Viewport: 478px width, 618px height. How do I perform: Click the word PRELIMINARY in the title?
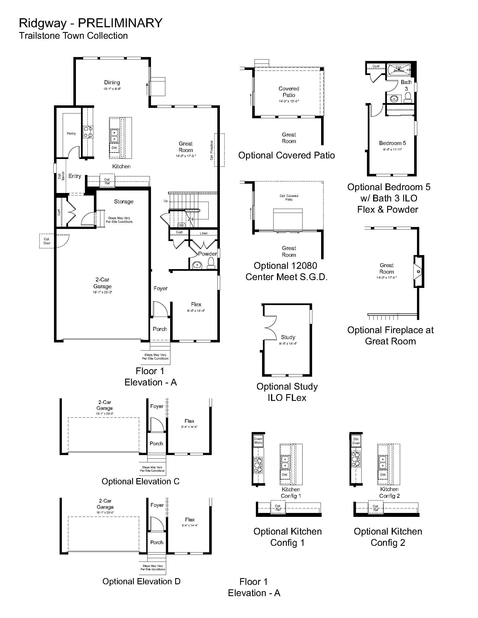point(120,23)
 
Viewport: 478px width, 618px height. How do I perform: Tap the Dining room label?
point(112,83)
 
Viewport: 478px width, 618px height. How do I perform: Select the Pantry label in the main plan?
point(71,133)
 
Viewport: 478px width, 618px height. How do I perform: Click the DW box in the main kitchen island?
point(114,148)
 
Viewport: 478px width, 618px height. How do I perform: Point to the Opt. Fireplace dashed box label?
point(211,150)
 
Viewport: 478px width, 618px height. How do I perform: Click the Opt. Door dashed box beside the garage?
point(47,241)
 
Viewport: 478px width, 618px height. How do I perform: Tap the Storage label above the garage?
point(123,201)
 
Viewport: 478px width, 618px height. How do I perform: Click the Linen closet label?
point(204,233)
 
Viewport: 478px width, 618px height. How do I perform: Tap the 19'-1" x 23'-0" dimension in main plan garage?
point(102,292)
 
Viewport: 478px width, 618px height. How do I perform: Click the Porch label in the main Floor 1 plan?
point(160,329)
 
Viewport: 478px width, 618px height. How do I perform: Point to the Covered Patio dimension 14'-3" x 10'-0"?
point(288,101)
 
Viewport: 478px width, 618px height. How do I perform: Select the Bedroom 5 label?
point(392,143)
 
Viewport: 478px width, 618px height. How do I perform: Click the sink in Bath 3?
point(394,99)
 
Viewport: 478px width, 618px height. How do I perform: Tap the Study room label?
point(288,337)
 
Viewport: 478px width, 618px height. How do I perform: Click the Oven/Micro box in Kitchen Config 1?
point(258,440)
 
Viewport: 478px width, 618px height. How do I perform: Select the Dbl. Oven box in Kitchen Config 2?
point(356,441)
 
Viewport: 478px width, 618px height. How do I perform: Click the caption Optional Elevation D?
point(141,581)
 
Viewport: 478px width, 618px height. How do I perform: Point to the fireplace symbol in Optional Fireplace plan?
point(418,272)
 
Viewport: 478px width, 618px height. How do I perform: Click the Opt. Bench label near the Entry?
point(61,176)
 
